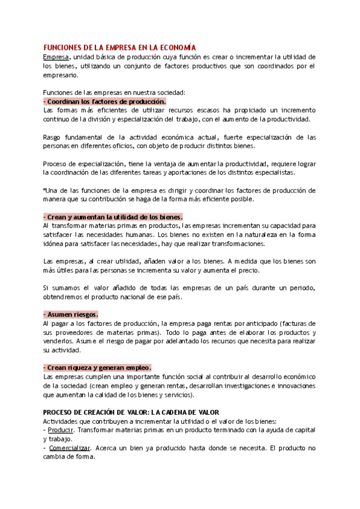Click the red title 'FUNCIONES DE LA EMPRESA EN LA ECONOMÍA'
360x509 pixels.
(x=120, y=47)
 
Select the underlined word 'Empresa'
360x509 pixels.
(x=56, y=56)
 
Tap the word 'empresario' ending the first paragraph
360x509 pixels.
(x=61, y=75)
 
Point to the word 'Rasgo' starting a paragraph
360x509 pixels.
(x=53, y=137)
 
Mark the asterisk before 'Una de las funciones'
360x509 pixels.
(x=44, y=190)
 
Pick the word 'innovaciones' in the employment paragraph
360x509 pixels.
(x=295, y=385)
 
